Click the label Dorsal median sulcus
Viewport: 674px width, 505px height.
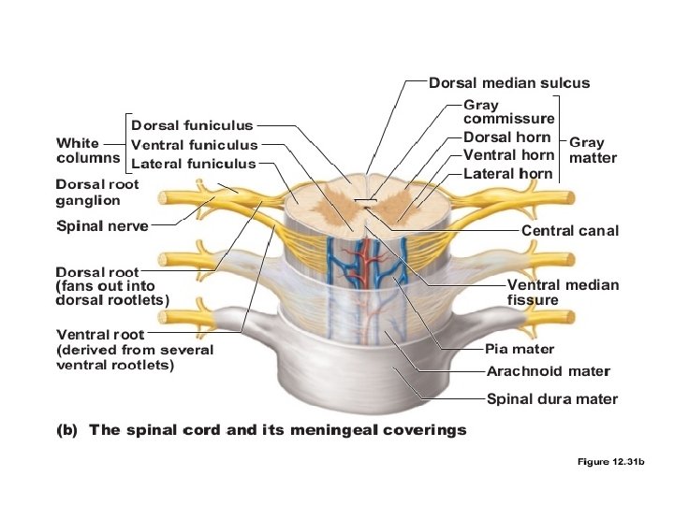(x=508, y=83)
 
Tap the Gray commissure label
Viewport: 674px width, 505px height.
(x=508, y=112)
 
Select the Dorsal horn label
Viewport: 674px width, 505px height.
(x=506, y=137)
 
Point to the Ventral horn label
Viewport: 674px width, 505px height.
(x=508, y=155)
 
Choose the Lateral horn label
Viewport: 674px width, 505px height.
(x=507, y=174)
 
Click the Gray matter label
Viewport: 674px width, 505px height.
(x=593, y=151)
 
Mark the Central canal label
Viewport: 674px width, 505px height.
(x=569, y=230)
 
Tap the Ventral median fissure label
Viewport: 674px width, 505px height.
(x=562, y=292)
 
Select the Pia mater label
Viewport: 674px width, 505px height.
(x=520, y=350)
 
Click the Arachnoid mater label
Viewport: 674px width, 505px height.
(x=548, y=371)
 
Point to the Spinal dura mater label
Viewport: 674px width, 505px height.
(x=552, y=399)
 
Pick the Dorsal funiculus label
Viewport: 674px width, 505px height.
(x=192, y=125)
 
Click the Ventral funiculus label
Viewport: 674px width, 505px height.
(x=194, y=145)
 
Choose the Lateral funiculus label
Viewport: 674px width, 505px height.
(x=193, y=164)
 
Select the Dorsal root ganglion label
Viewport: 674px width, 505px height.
(x=97, y=192)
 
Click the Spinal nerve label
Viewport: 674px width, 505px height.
(x=102, y=225)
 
